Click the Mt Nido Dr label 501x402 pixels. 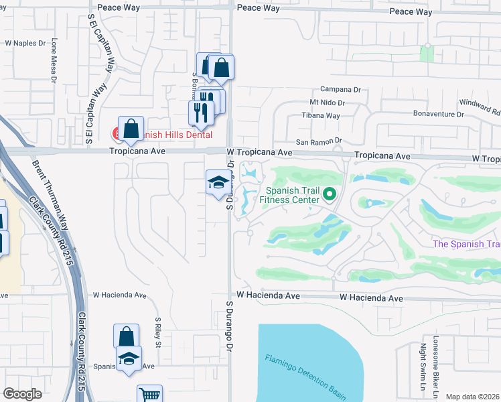pyautogui.click(x=327, y=103)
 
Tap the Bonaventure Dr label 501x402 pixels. pyautogui.click(x=439, y=115)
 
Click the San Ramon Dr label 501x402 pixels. pyautogui.click(x=319, y=141)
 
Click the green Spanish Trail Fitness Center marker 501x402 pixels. pyautogui.click(x=329, y=195)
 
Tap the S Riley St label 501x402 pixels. pyautogui.click(x=159, y=332)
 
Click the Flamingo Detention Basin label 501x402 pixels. pyautogui.click(x=305, y=373)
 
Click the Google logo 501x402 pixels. pyautogui.click(x=22, y=394)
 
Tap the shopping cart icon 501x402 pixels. pyautogui.click(x=149, y=395)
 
